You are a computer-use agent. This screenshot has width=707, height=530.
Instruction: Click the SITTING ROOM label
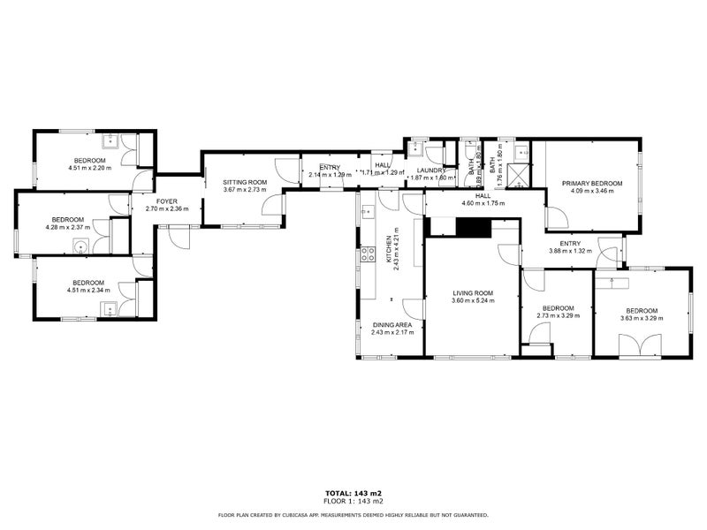pos(245,181)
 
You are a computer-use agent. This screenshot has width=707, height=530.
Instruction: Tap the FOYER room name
pos(167,201)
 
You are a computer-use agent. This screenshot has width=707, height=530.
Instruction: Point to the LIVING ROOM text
pos(473,293)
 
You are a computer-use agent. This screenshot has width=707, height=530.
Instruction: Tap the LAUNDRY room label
pos(431,170)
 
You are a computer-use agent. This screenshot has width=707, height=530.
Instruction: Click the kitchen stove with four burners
pos(368,255)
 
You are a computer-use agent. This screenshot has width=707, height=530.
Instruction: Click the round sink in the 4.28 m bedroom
pos(82,247)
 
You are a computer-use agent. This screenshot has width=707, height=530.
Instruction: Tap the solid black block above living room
pos(472,227)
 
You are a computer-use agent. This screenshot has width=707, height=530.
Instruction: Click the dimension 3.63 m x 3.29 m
pos(642,319)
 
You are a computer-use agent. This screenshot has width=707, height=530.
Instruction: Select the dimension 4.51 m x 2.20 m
pos(89,167)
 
